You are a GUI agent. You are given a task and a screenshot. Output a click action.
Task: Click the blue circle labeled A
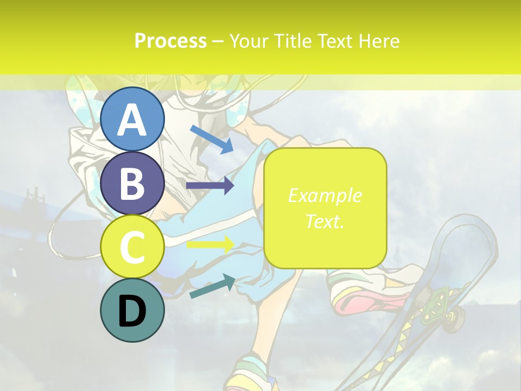click(132, 119)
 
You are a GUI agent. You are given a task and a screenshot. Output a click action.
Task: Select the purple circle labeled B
click(132, 183)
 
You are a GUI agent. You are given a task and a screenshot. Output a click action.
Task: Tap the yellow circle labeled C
click(132, 247)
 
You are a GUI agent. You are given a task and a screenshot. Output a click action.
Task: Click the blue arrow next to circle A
click(212, 138)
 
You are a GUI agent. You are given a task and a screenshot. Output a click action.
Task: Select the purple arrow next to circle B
click(210, 186)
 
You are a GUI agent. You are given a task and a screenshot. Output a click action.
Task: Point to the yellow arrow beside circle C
click(210, 245)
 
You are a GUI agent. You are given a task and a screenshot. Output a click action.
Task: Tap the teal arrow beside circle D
click(212, 286)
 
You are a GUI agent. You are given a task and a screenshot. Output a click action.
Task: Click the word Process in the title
click(170, 41)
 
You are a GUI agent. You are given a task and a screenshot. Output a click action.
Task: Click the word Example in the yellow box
click(325, 195)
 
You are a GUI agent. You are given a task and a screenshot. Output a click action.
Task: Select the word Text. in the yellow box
click(325, 222)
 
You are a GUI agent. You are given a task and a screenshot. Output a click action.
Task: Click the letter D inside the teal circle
click(132, 312)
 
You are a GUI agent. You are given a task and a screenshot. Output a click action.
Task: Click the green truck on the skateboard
click(437, 304)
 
